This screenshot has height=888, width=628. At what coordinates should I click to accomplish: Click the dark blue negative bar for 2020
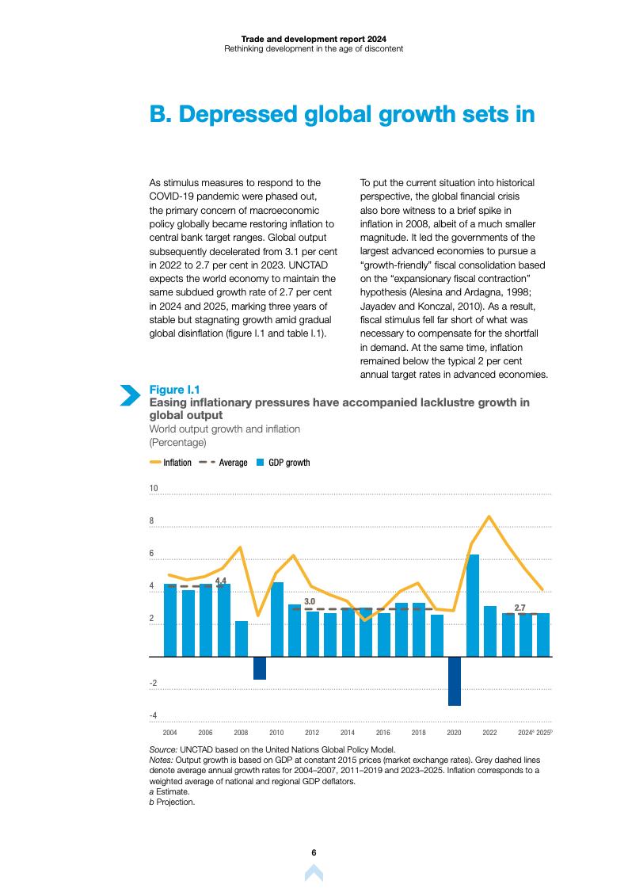click(454, 681)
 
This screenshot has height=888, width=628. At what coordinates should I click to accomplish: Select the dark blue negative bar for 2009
click(259, 668)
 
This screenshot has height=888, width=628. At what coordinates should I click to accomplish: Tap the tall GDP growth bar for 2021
click(472, 605)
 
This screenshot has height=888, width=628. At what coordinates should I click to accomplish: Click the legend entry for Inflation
click(170, 463)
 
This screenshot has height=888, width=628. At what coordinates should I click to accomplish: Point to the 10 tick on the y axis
click(154, 489)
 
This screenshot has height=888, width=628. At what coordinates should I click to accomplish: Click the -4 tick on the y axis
click(153, 715)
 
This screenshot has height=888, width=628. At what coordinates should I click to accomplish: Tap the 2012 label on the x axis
click(312, 734)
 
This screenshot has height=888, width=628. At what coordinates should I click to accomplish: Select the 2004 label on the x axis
click(169, 734)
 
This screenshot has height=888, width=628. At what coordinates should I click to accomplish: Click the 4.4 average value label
click(221, 581)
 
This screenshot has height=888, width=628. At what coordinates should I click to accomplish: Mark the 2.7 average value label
click(520, 608)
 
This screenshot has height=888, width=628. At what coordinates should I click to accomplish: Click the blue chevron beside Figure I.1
click(129, 394)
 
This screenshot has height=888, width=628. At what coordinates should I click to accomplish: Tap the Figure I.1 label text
click(174, 389)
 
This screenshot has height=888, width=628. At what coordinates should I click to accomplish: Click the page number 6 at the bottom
click(314, 852)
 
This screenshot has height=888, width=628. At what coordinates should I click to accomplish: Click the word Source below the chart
click(163, 749)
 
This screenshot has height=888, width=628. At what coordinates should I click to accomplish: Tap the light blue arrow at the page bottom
click(314, 873)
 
